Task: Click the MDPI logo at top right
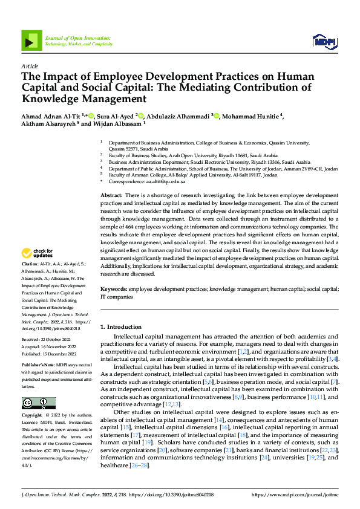tap(324, 41)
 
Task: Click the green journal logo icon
tap(31, 40)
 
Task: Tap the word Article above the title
tap(30, 66)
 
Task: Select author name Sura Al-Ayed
tap(113, 117)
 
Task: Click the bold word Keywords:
tap(114, 290)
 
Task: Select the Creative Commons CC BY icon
tap(39, 386)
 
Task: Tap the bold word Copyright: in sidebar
tap(33, 399)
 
